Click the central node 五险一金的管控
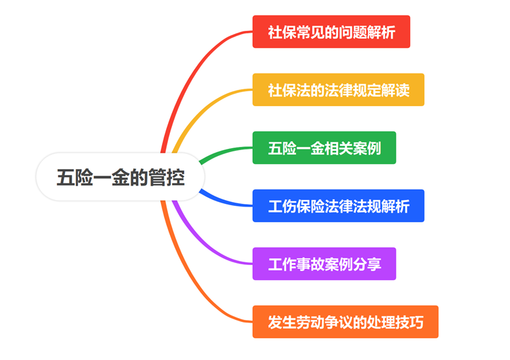click(x=121, y=178)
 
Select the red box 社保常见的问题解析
click(x=331, y=31)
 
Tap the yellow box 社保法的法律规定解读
click(x=338, y=90)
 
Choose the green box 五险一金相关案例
click(x=324, y=148)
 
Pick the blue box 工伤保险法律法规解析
click(x=338, y=206)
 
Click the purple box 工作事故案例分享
click(x=324, y=264)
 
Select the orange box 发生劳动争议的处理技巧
click(x=345, y=322)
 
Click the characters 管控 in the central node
click(x=167, y=178)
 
